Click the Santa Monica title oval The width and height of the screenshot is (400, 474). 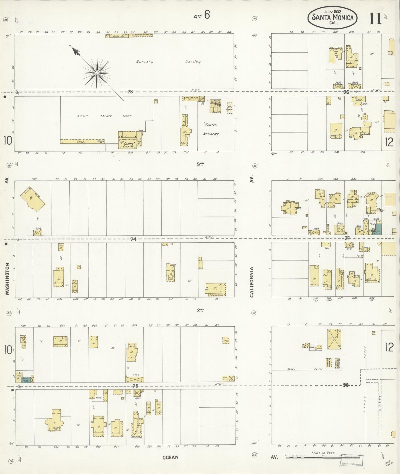coord(332,17)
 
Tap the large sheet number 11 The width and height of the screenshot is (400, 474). coord(375,19)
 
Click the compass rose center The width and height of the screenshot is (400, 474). coord(97,73)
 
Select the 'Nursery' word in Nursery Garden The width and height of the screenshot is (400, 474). coord(144,62)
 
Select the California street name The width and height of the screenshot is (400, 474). coord(252,282)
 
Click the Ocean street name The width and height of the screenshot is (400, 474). coord(170,457)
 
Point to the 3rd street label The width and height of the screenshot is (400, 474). coord(200,164)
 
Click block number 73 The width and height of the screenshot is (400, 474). coord(130,92)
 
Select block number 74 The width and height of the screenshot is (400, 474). coord(133,239)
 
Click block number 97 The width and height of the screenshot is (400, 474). coord(347,238)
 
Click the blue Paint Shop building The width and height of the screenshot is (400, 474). coord(25,379)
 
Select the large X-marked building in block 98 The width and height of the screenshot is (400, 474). coord(334,339)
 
